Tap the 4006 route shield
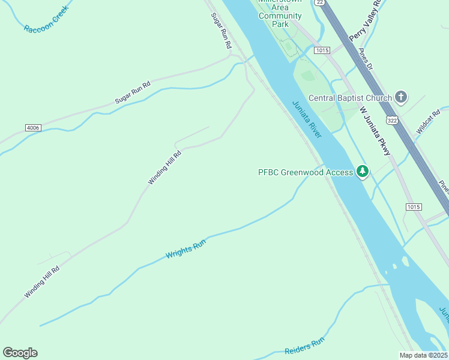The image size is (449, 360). pos(34,128)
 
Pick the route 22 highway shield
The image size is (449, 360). pos(320,3)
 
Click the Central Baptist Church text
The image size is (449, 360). pos(350,98)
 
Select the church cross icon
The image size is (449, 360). pos(402,97)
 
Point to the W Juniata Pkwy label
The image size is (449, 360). pos(375,131)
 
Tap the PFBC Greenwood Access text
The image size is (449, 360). pos(306,172)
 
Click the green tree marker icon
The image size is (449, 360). pos(363,172)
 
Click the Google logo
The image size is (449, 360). pos(20,353)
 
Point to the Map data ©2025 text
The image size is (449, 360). pos(423,355)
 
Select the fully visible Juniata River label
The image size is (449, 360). pos(307,119)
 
